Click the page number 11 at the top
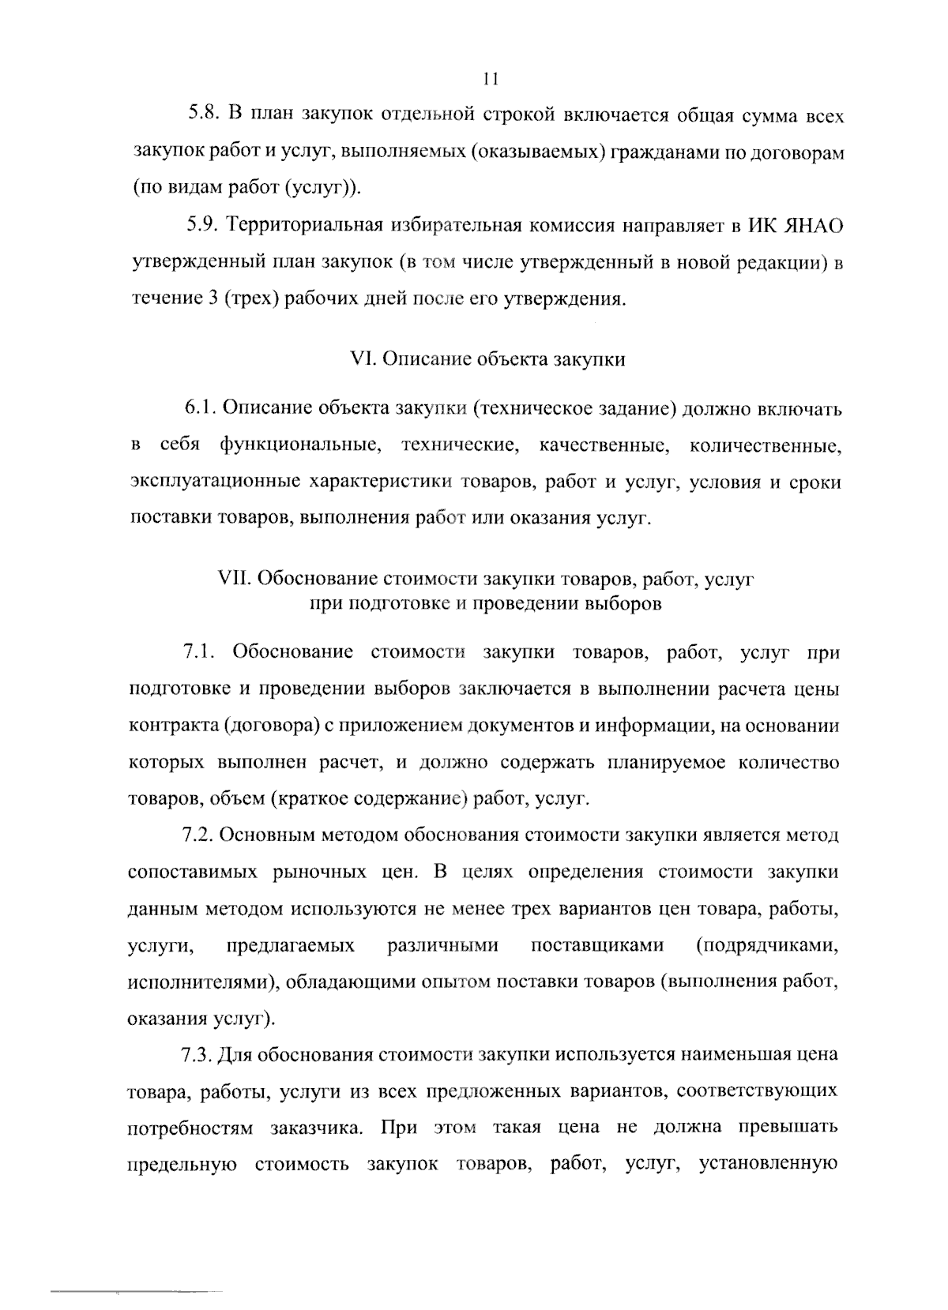(x=489, y=79)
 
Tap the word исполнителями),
(x=202, y=982)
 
